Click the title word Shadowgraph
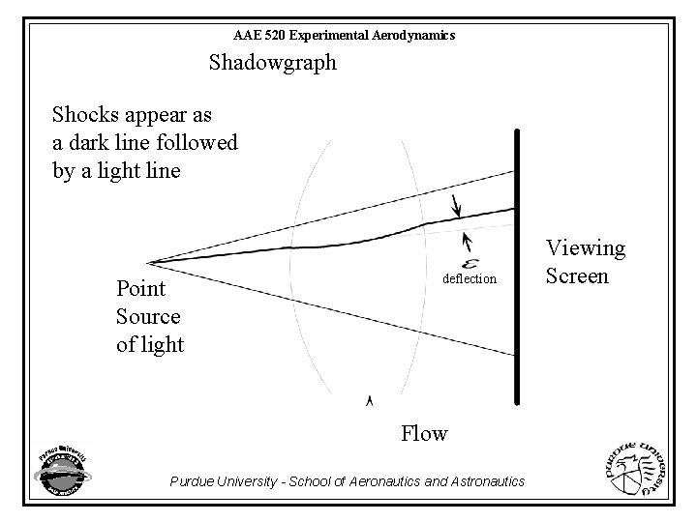[273, 64]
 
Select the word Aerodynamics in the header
[410, 35]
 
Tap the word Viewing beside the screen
[586, 249]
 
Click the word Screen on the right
[577, 275]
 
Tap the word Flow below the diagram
[424, 432]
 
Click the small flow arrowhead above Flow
[369, 399]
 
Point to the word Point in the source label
[141, 288]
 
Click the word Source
[148, 315]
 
